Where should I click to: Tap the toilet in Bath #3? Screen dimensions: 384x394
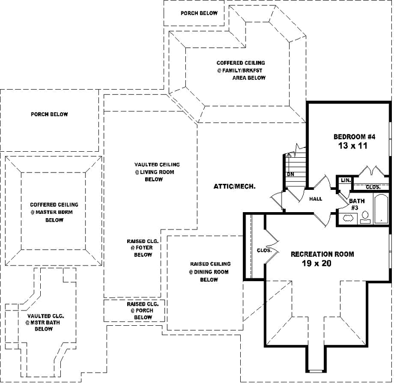366,218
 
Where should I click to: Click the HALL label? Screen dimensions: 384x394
316,199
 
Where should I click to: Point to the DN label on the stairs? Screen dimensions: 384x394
290,175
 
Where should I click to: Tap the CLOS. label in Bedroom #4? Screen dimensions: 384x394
373,187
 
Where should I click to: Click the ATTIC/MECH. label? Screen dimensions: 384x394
235,187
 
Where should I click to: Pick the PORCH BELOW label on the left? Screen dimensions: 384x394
49,114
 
